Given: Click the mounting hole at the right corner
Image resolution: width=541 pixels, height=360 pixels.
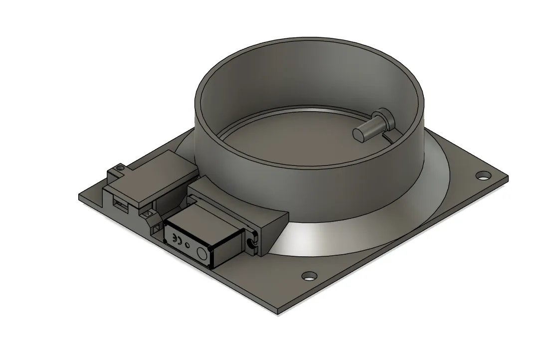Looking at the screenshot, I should click(482, 175).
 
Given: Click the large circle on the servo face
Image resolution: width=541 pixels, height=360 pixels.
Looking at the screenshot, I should click(202, 253).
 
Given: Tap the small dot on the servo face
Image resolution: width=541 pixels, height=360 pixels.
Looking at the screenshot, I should click(187, 245).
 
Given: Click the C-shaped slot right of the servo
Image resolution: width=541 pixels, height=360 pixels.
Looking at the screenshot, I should click(250, 243).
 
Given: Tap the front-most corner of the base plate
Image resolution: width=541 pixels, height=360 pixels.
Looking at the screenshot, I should click(278, 314).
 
